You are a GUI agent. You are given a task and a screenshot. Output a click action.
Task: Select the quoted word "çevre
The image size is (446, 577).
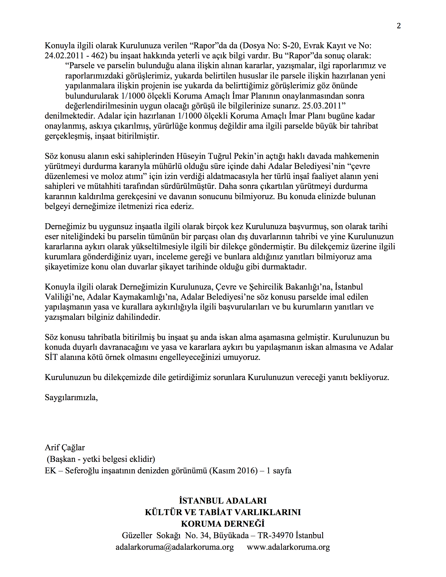click(357, 166)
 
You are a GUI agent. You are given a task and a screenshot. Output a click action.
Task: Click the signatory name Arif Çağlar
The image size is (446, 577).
click(65, 448)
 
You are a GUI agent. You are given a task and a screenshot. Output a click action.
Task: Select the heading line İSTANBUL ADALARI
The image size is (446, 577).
click(223, 501)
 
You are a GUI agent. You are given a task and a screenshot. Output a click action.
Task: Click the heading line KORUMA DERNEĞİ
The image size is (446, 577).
click(223, 524)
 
